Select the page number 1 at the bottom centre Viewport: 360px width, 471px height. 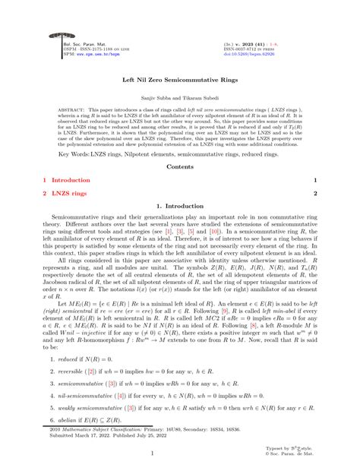point(179,454)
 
